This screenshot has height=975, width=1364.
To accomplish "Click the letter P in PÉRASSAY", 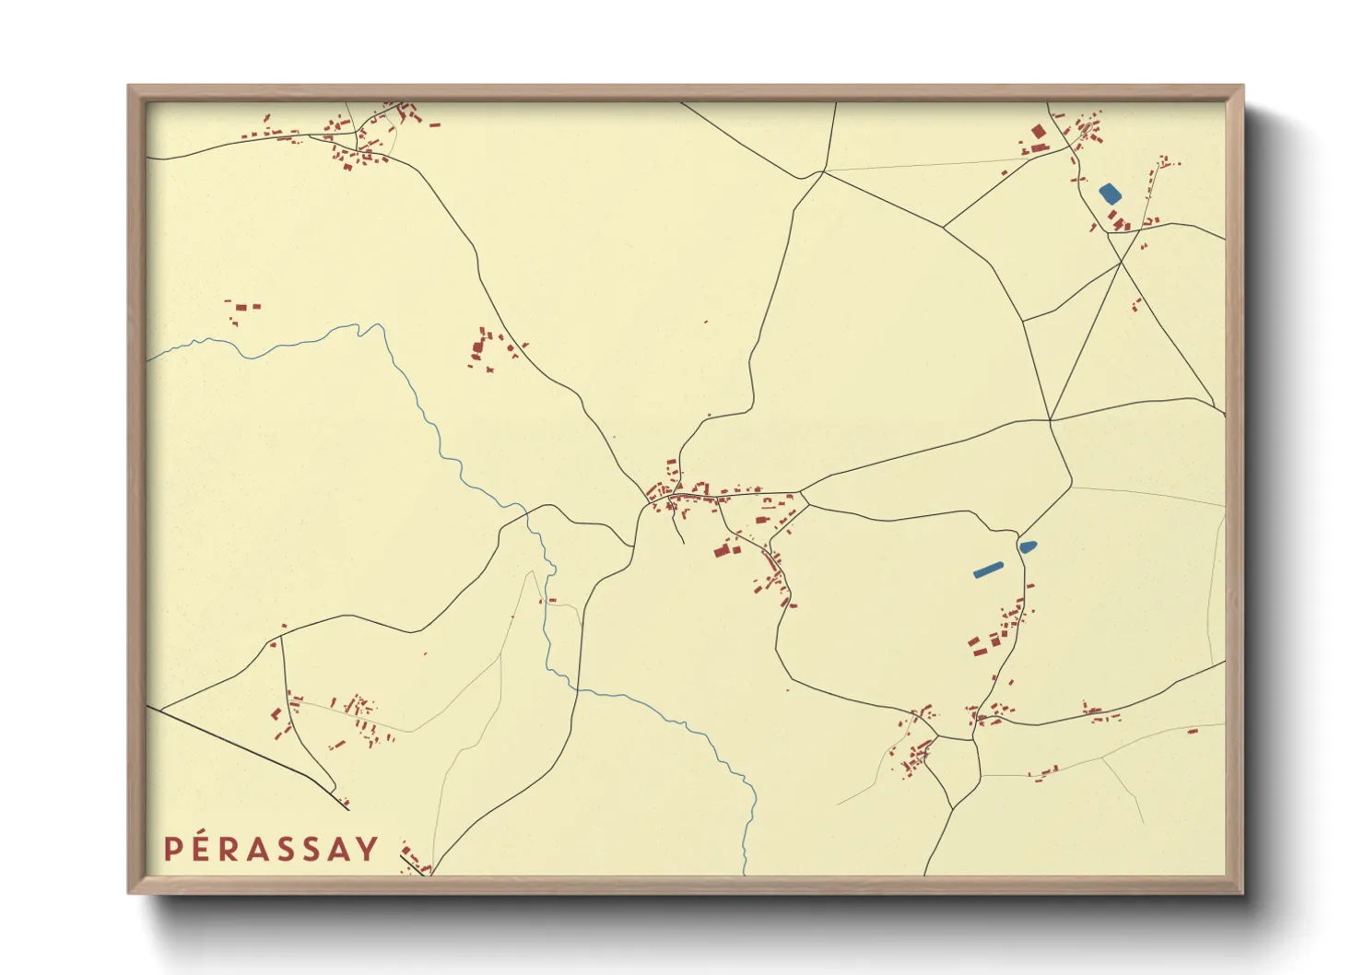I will (173, 849).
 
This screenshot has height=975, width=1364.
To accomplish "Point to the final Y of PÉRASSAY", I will (368, 849).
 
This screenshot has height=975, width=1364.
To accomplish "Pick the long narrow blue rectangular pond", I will (988, 570).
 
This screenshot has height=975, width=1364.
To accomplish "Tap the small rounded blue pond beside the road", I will (1028, 546).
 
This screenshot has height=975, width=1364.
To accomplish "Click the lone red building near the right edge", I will (1192, 731).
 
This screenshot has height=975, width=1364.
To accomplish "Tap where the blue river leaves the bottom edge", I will (745, 873).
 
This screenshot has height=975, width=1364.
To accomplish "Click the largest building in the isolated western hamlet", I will (478, 347).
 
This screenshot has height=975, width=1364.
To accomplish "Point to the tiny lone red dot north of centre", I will (706, 322).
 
